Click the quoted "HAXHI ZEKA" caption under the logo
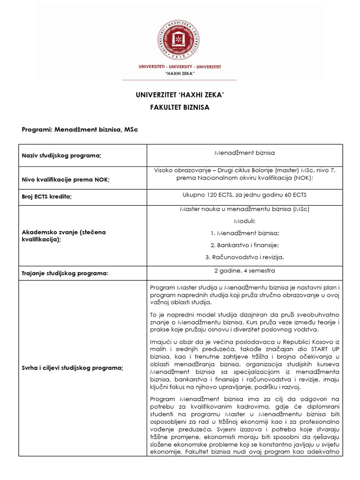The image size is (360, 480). tap(180, 74)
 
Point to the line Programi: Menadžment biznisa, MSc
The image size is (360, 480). tap(81, 129)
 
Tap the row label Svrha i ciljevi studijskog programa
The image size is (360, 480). tap(73, 368)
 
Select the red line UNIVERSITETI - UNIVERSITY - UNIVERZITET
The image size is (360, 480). tap(180, 67)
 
